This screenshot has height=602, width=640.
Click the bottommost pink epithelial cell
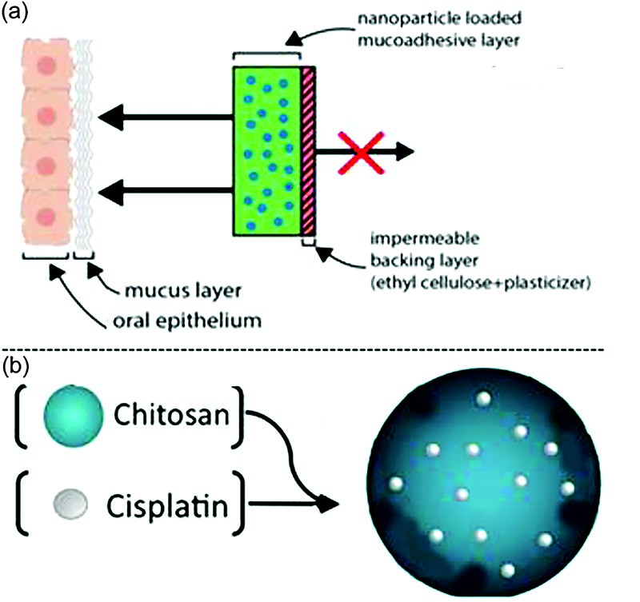[46, 217]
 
